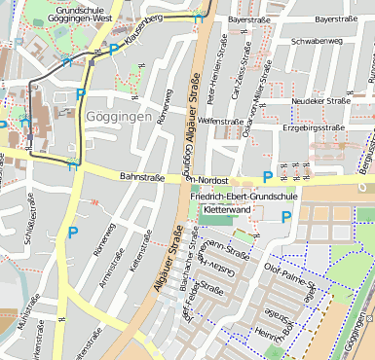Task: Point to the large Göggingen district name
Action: (x=120, y=117)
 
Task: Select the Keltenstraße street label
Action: (x=145, y=249)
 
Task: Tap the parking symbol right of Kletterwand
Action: (x=285, y=216)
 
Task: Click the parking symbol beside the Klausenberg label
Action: (x=114, y=49)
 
